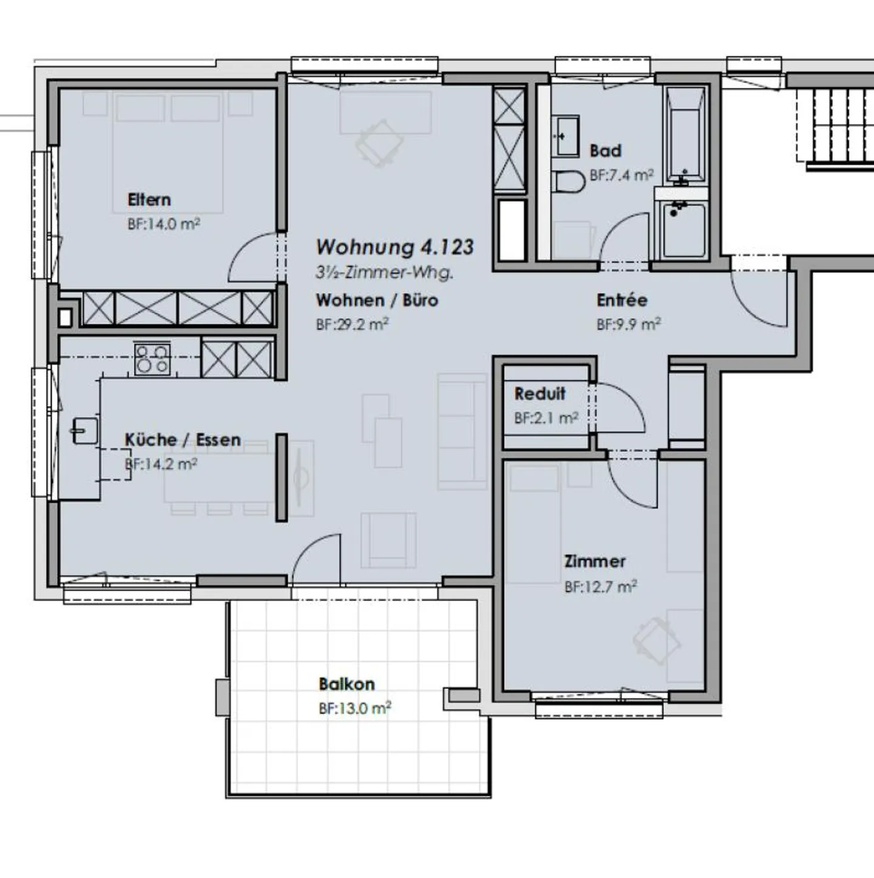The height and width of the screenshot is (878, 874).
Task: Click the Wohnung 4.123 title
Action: click(395, 247)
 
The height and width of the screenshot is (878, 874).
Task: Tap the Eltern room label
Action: click(149, 200)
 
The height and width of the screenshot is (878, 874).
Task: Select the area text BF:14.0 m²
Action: click(163, 224)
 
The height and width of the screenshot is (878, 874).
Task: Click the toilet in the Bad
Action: click(569, 181)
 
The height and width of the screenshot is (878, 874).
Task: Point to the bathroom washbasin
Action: click(566, 136)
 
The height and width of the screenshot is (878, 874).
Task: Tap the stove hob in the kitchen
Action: click(152, 359)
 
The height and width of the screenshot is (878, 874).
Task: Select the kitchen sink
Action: click(85, 431)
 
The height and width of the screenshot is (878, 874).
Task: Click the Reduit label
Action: click(540, 394)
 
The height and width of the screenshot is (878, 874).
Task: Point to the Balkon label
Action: click(347, 684)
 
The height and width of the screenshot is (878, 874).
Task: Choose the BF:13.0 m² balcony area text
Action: click(354, 708)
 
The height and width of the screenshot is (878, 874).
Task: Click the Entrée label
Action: click(622, 300)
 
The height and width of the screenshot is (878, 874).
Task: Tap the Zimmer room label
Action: click(594, 561)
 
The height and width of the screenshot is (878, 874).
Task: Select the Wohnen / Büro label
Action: click(376, 300)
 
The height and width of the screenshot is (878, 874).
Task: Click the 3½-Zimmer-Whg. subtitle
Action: click(384, 272)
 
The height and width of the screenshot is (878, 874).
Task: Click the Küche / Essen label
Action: click(183, 440)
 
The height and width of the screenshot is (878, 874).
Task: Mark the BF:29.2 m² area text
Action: click(351, 325)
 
